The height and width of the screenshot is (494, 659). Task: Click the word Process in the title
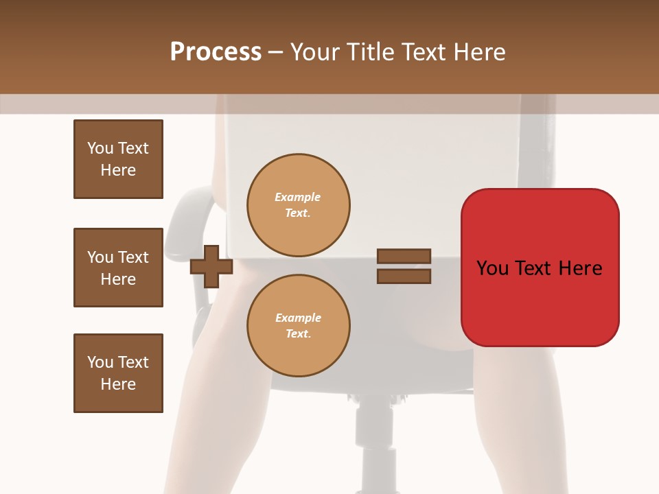(x=216, y=52)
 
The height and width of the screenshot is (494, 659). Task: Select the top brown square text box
(x=118, y=159)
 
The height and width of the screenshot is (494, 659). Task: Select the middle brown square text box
(x=118, y=268)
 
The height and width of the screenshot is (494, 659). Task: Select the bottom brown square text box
(x=118, y=373)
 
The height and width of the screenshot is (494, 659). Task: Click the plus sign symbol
(x=211, y=266)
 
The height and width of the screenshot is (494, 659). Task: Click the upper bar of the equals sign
(x=404, y=256)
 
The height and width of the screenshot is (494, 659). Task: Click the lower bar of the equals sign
(x=404, y=277)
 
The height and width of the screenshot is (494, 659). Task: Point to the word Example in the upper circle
(x=297, y=197)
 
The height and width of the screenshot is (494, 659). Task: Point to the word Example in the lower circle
(x=298, y=318)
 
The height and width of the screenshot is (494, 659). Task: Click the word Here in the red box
(x=580, y=268)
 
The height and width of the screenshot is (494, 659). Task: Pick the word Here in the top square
(x=118, y=170)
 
